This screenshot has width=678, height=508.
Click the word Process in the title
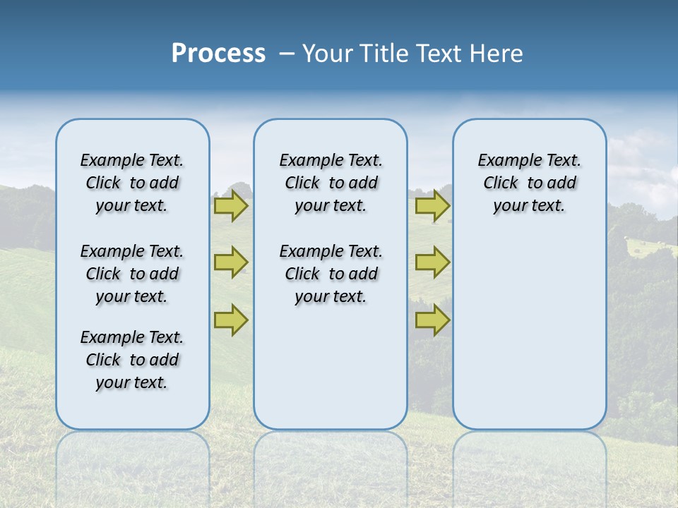click(218, 54)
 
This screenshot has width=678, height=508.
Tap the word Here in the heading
click(496, 54)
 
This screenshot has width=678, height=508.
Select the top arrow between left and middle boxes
click(231, 205)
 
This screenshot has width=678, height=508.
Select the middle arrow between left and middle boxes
click(231, 262)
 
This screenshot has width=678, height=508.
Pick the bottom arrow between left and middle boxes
click(231, 320)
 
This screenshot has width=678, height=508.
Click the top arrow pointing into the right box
click(432, 205)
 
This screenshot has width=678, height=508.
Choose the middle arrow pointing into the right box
click(432, 262)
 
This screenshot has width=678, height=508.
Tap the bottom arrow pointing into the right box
click(432, 320)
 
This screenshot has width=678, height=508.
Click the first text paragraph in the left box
click(132, 183)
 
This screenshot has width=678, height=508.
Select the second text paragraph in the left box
click(132, 274)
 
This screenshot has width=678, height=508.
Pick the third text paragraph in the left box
click(132, 360)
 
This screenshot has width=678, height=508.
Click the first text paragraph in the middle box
click(331, 183)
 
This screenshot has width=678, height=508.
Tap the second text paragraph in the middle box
click(331, 274)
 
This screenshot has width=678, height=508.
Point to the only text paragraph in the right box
click(529, 183)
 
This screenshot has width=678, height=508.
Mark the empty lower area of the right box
click(529, 325)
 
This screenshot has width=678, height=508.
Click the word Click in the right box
click(501, 183)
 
